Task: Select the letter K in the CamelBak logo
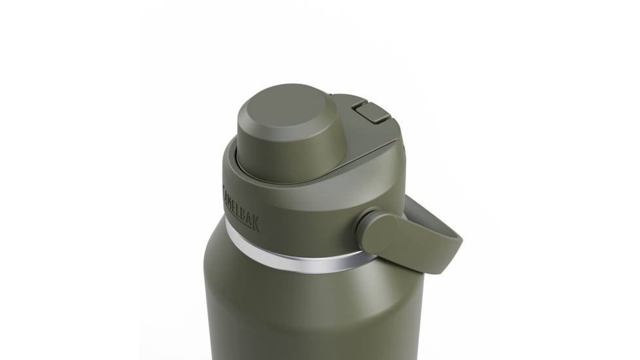coord(255,224)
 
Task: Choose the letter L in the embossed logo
coord(239,207)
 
